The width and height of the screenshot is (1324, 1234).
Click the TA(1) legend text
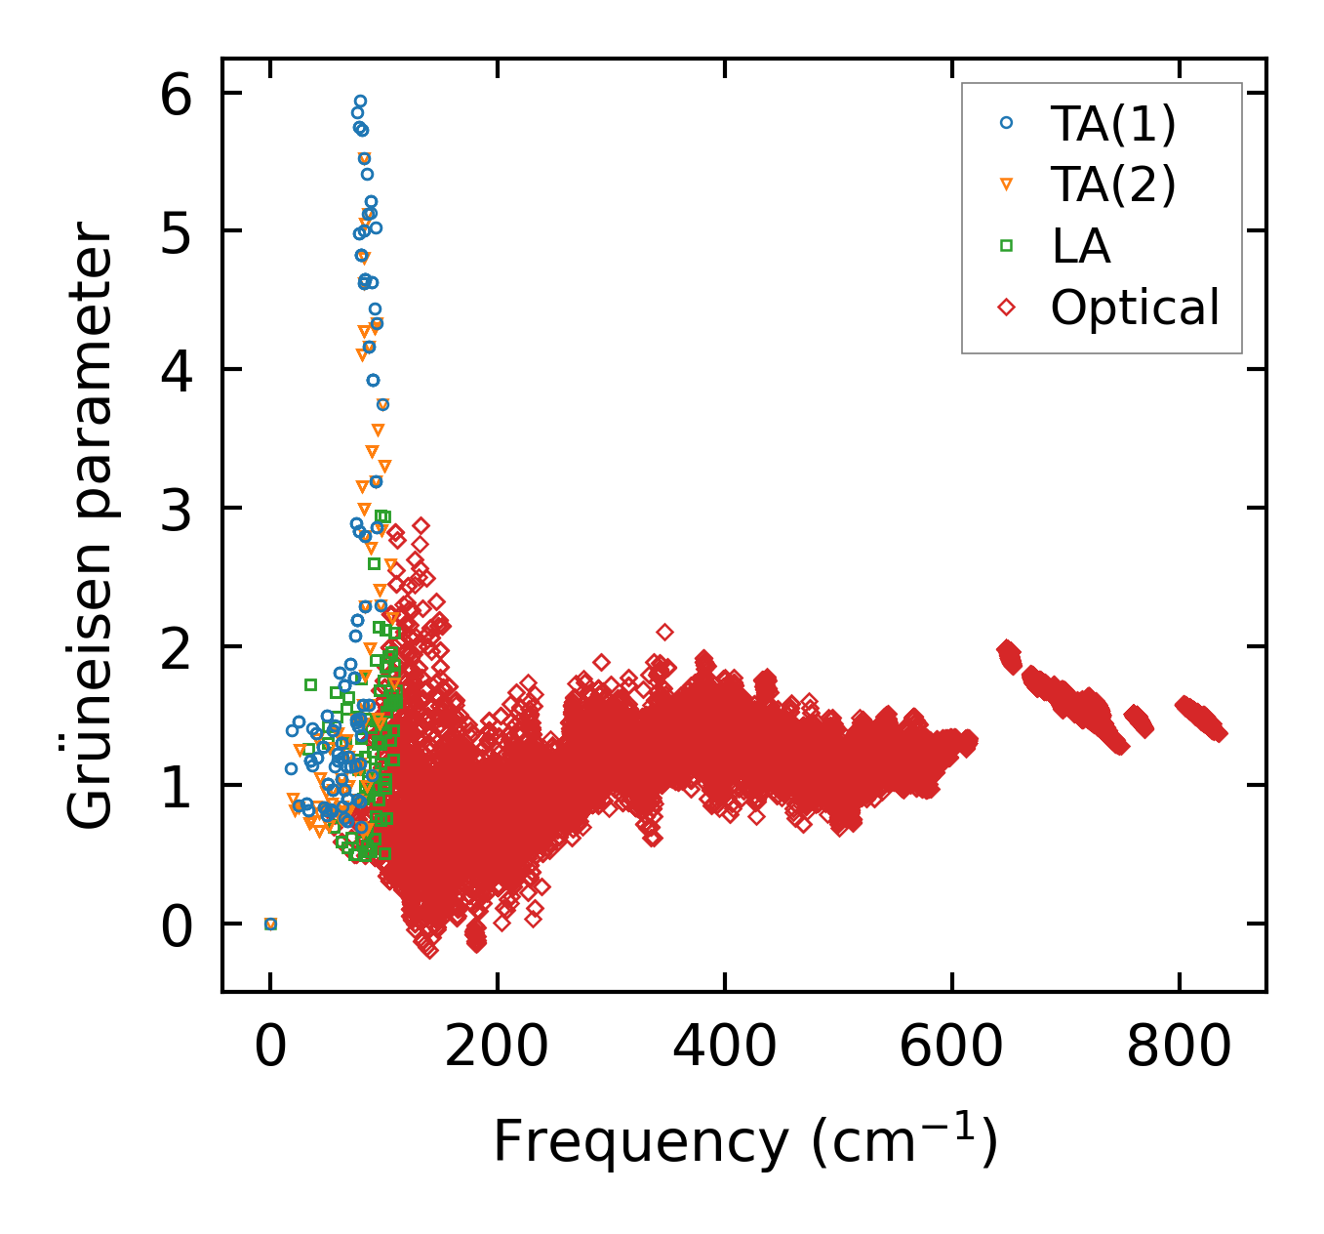point(1113,124)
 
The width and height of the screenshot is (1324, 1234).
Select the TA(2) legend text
point(1113,185)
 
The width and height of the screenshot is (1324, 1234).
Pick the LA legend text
point(1081,246)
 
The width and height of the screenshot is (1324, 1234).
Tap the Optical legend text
point(1135,308)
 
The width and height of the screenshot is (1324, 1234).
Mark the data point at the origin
point(271,924)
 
